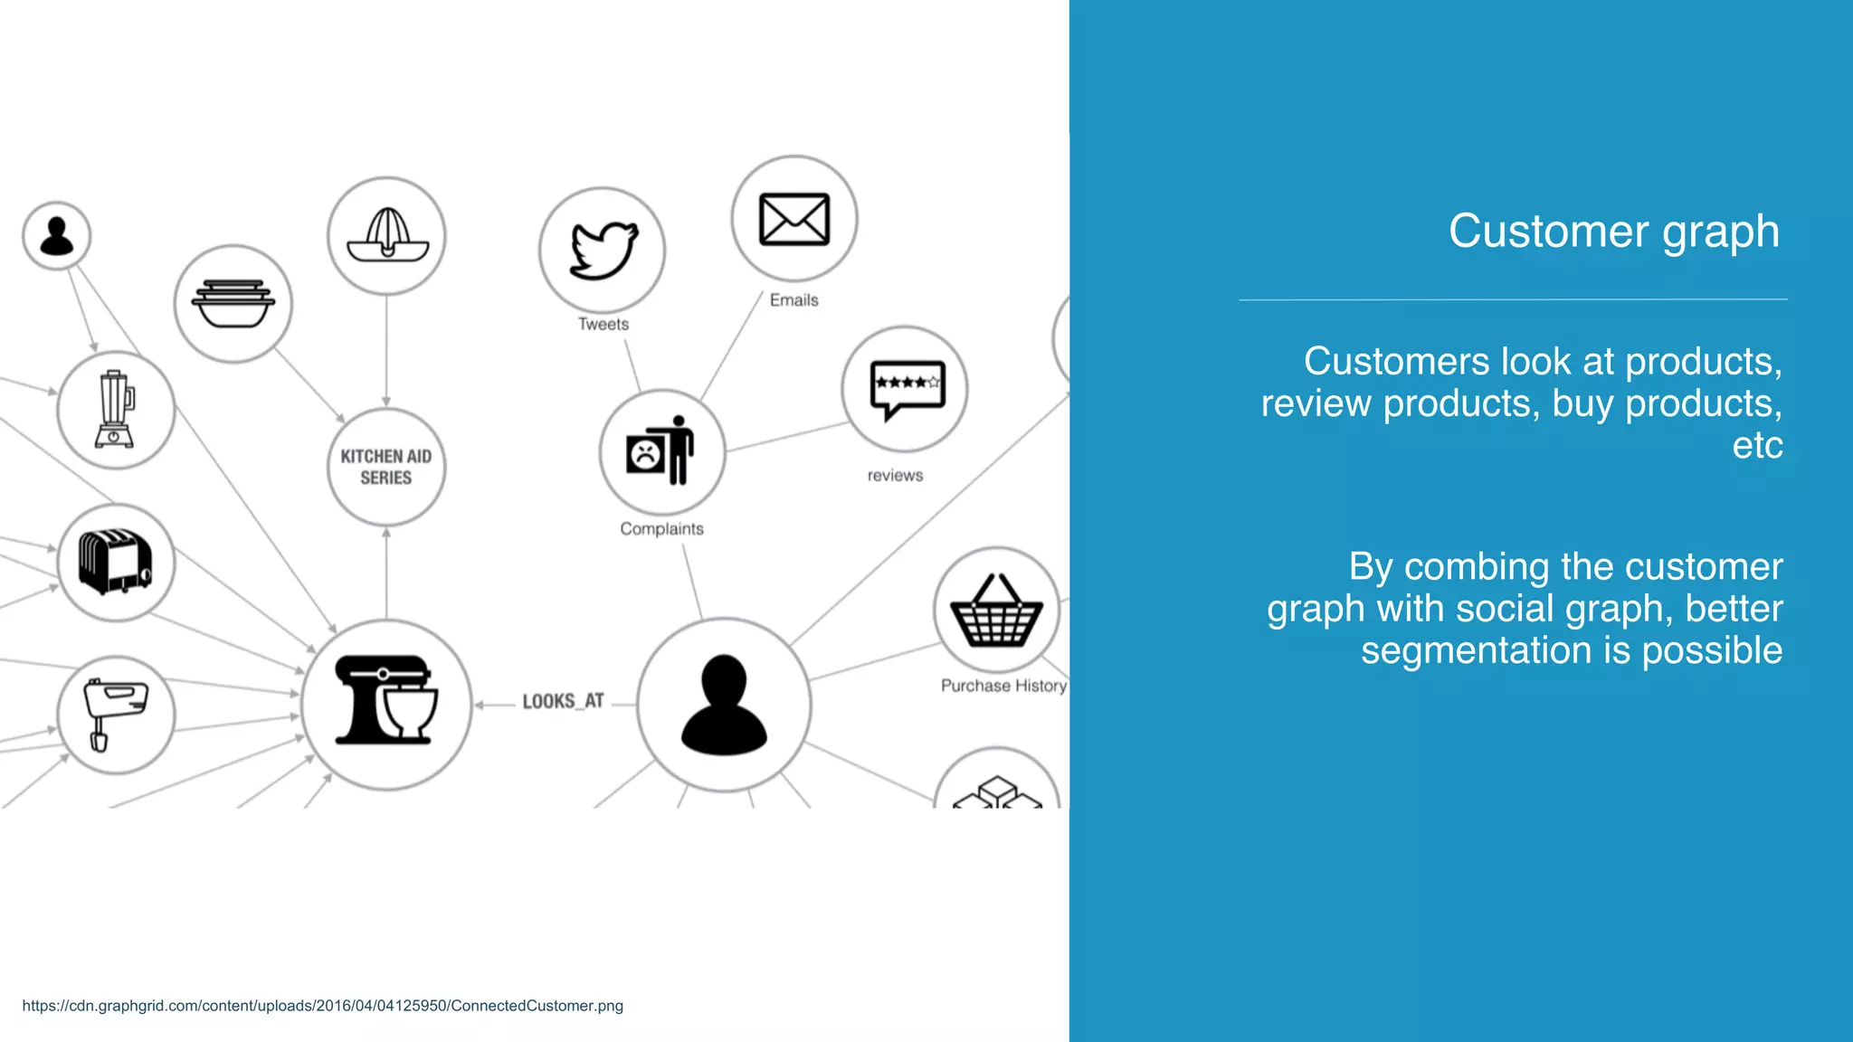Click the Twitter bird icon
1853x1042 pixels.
coord(603,250)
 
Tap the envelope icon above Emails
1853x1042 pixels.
coord(793,219)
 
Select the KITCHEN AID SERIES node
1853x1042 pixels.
coord(386,467)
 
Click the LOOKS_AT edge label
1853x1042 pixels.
coord(562,702)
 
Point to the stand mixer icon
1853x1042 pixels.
coord(386,702)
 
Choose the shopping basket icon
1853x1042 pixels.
coord(996,611)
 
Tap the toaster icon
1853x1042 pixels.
coord(115,562)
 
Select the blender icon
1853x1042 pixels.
coord(115,410)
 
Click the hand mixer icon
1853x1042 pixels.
coord(114,714)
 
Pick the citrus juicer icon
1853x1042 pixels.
coord(387,235)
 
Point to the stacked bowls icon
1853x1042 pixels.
coord(233,304)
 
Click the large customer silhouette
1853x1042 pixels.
coord(724,706)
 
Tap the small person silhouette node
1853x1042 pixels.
coord(57,235)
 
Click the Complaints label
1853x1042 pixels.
coord(661,529)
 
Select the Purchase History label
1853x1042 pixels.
coord(1003,686)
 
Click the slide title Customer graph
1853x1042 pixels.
coord(1613,232)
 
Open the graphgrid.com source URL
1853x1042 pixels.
coord(322,1006)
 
